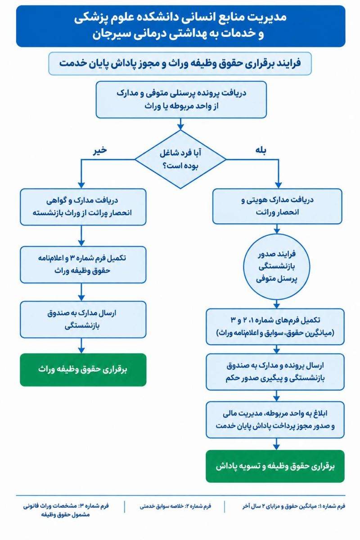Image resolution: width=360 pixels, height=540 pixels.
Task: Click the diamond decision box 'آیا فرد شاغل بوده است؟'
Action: (x=180, y=159)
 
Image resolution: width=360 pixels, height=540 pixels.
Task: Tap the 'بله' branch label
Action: (x=261, y=150)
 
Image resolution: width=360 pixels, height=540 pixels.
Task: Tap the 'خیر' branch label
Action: (x=100, y=150)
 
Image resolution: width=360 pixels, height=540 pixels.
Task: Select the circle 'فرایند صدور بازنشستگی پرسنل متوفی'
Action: (x=276, y=266)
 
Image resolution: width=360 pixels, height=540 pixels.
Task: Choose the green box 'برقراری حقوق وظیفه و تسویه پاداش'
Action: (x=275, y=466)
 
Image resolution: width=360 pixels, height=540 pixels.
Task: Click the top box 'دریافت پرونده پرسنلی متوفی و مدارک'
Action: (x=181, y=99)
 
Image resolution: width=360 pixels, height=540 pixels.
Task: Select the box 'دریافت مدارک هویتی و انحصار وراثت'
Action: (x=277, y=206)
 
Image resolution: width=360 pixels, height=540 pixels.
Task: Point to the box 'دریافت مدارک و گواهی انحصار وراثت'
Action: (x=83, y=207)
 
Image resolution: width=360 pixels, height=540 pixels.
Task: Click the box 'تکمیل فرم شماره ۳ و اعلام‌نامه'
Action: (x=83, y=265)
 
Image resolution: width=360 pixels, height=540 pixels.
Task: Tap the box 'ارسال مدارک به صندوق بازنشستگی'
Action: (x=83, y=319)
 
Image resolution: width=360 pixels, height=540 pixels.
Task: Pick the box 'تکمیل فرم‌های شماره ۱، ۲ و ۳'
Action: (x=275, y=327)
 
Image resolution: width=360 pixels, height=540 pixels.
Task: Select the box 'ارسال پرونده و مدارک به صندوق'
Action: (x=275, y=372)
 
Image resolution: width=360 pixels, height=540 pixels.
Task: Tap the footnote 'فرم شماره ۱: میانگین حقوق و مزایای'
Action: (x=293, y=506)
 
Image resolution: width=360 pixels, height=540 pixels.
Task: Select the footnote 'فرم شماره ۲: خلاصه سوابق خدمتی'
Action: (x=175, y=506)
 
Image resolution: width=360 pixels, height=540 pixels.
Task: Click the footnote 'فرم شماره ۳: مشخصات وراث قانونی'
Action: (x=66, y=509)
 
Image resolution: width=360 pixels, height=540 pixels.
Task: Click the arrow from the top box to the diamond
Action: (x=180, y=124)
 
